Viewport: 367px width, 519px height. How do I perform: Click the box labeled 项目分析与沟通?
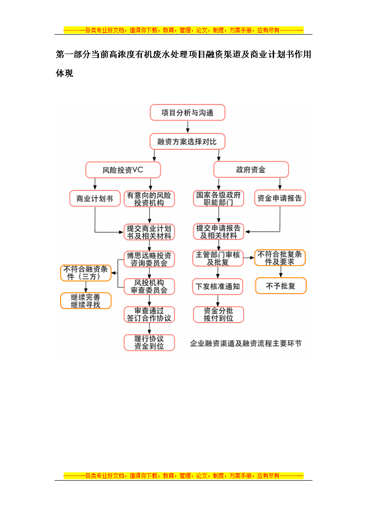[187, 113]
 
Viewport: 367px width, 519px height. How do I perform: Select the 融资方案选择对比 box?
[187, 142]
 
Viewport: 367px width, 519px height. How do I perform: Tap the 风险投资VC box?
[123, 170]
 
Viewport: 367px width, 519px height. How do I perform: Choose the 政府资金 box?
[251, 170]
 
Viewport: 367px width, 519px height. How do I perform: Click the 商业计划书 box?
[95, 199]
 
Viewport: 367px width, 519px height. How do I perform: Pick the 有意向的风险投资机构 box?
[149, 199]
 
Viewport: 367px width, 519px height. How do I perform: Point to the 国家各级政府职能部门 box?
[219, 198]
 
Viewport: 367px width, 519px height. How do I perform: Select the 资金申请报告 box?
[280, 198]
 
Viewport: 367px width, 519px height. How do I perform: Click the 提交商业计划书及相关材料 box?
[149, 232]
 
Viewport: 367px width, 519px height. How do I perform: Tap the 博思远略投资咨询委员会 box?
[149, 259]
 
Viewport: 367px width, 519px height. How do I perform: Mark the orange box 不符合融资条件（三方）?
[86, 273]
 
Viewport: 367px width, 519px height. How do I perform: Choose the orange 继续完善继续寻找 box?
[86, 301]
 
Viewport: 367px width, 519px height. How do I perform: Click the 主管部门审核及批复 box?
[218, 258]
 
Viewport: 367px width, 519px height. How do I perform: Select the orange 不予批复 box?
[281, 286]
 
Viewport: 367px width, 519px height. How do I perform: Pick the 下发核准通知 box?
[217, 287]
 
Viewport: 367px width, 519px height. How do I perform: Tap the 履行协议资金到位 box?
[149, 342]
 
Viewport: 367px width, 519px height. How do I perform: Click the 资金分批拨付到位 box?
[219, 314]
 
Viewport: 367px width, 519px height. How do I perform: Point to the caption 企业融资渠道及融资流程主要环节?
[246, 343]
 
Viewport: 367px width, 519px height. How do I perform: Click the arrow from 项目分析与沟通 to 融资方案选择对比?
[188, 127]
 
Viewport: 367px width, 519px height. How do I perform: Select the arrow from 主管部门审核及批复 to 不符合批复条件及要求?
[249, 258]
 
